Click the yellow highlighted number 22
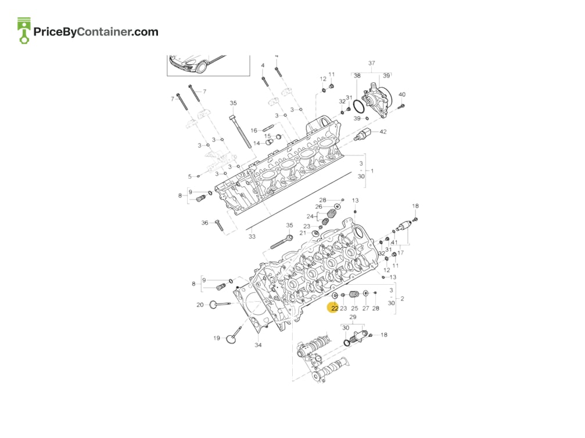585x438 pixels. point(334,308)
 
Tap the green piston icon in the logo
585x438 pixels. point(24,31)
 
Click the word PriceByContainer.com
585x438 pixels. point(96,32)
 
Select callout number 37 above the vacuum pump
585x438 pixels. point(372,63)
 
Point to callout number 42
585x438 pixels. point(383,132)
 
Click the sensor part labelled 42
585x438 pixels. point(363,135)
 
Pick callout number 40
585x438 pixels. point(402,95)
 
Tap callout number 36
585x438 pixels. point(205,223)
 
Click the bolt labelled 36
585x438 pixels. point(218,225)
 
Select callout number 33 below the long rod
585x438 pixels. point(252,237)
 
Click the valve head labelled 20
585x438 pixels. point(214,305)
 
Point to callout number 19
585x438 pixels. point(217,338)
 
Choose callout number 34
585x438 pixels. point(258,345)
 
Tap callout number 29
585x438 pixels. point(353,317)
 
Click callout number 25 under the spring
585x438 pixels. point(354,308)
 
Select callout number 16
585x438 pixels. point(254,131)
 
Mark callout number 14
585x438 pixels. point(257,143)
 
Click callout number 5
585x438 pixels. point(189,176)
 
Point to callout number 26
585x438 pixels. point(318,207)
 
